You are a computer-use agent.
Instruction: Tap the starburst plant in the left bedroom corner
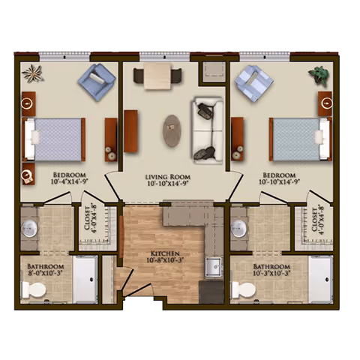(33, 73)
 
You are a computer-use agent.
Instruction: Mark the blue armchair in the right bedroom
(254, 82)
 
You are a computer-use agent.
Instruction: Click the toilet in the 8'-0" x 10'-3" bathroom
(34, 289)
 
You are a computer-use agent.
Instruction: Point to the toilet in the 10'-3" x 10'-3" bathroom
(243, 289)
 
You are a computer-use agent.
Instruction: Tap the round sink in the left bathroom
(29, 229)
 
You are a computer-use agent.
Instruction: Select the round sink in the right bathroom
(239, 229)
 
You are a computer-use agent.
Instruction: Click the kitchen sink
(213, 267)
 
